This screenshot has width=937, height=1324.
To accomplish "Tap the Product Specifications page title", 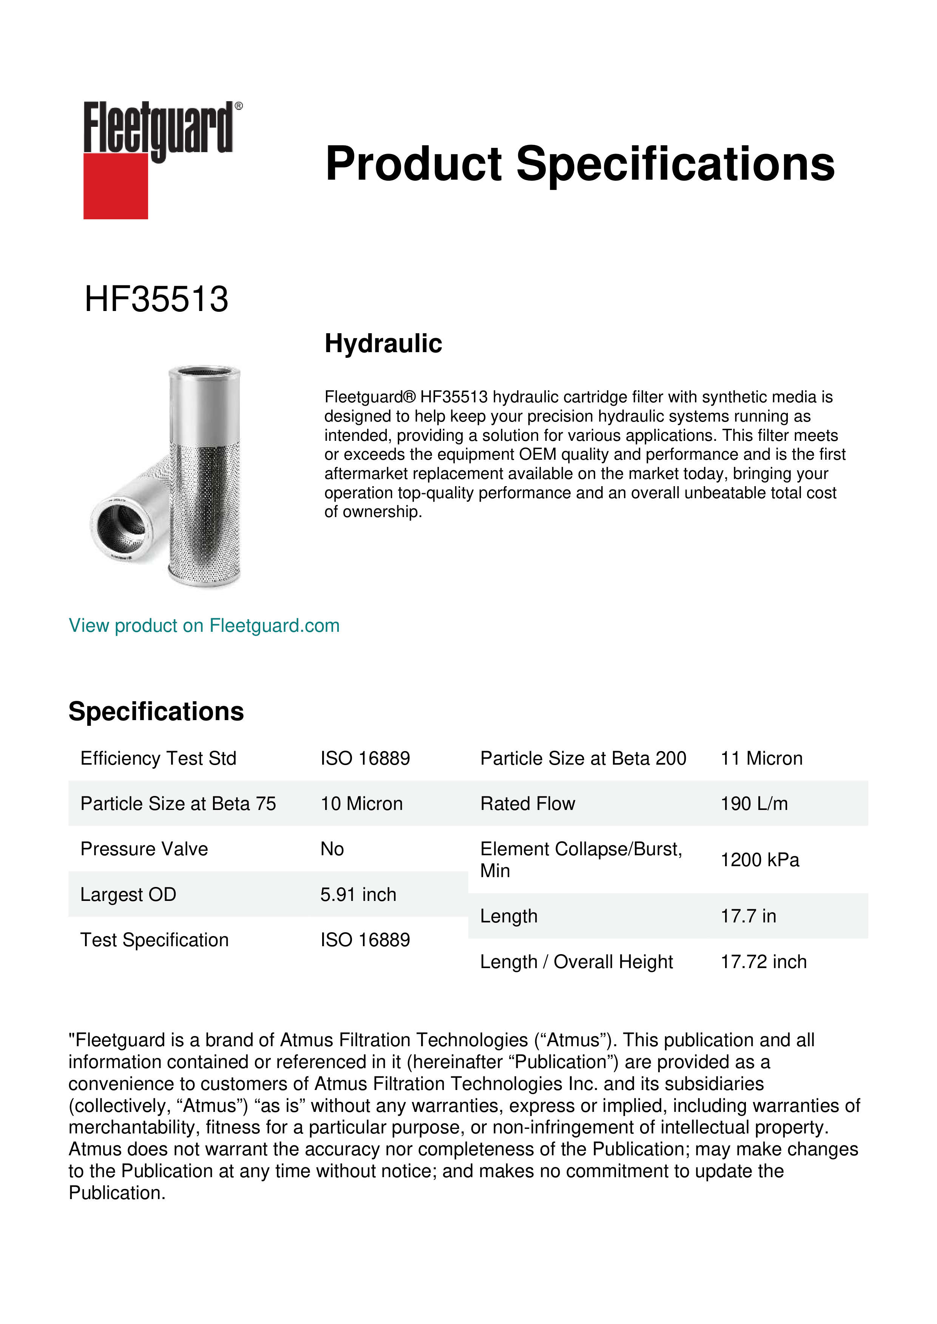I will pos(579,164).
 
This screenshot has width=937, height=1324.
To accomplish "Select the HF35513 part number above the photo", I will pos(156,299).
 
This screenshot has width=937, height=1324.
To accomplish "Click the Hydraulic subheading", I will pos(383,344).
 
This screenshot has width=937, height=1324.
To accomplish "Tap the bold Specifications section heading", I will pos(156,711).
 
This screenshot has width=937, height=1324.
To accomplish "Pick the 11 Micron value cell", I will pos(761,758).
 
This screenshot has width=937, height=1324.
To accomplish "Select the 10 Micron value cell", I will pos(361,804).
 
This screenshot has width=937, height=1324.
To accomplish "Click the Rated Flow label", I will pos(527,804).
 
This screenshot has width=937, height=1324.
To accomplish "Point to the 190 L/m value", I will pos(753,804).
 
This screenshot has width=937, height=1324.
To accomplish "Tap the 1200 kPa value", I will pos(759,860).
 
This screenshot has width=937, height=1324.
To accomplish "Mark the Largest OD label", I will pos(128,894).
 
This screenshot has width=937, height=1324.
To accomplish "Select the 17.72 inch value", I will pos(763,962).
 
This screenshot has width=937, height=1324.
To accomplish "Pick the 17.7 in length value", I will pos(748,916).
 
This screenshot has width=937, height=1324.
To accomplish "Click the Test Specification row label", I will pos(154,940).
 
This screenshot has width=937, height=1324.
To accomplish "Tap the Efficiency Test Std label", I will pos(158,758).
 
